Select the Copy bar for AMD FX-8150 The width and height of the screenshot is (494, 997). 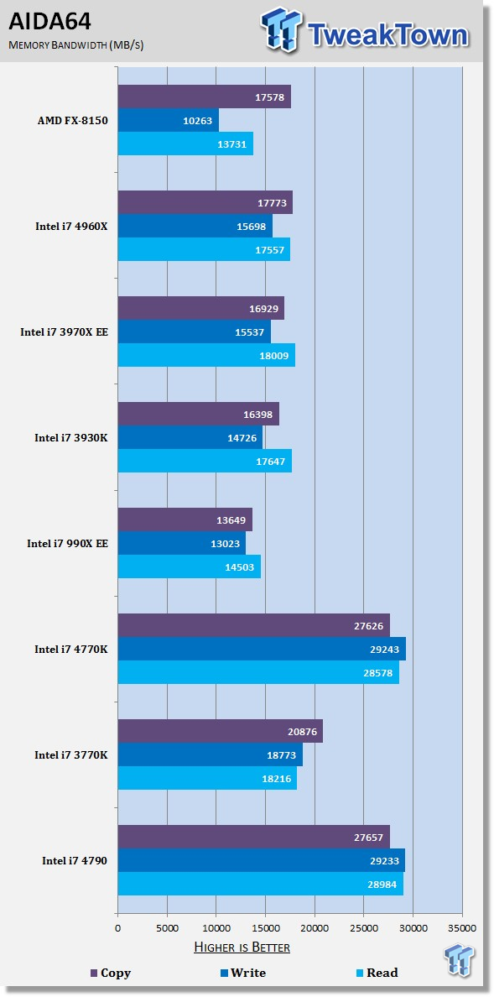point(204,97)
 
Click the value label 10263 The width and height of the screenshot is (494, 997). point(198,121)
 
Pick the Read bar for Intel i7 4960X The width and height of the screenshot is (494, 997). point(204,249)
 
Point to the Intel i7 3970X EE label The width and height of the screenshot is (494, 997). point(65,331)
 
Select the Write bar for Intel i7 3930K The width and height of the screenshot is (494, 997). point(190,437)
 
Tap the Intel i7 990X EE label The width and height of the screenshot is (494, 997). point(67,543)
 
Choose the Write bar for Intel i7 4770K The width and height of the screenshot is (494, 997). point(261,649)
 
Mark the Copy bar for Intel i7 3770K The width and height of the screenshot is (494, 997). point(220,731)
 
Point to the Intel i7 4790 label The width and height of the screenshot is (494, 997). point(75,860)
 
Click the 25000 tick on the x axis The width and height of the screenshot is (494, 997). point(363,928)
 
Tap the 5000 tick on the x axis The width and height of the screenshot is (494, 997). point(167,928)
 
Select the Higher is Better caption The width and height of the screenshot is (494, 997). point(242,947)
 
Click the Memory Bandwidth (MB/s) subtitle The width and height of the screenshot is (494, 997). point(75,44)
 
